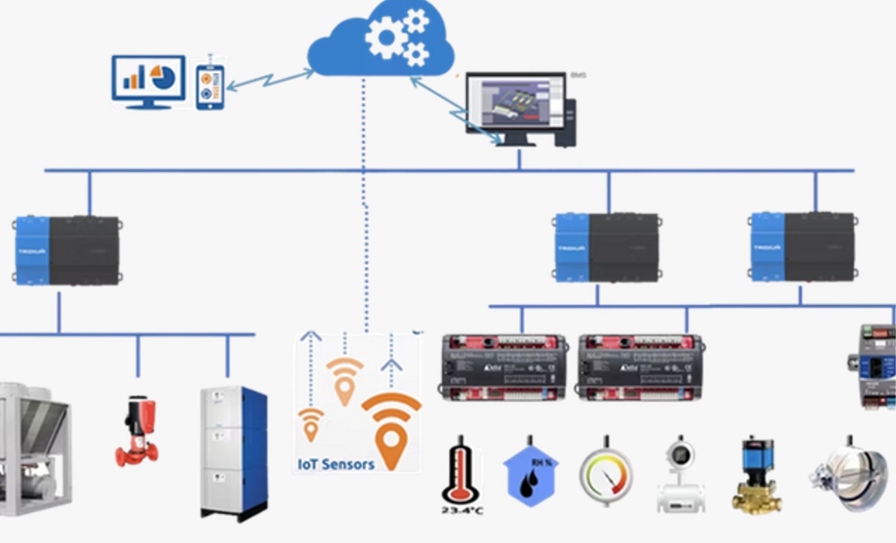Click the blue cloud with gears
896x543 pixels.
pyautogui.click(x=381, y=42)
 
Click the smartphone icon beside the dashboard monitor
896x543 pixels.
pyautogui.click(x=210, y=87)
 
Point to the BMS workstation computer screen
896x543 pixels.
pyautogui.click(x=515, y=104)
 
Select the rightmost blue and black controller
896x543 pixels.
pyautogui.click(x=803, y=246)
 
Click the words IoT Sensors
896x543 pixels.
pyautogui.click(x=336, y=464)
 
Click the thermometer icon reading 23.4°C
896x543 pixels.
pyautogui.click(x=461, y=473)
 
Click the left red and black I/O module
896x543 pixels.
pyautogui.click(x=503, y=367)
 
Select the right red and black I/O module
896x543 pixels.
pyautogui.click(x=640, y=367)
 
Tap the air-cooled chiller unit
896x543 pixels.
pyautogui.click(x=34, y=448)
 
